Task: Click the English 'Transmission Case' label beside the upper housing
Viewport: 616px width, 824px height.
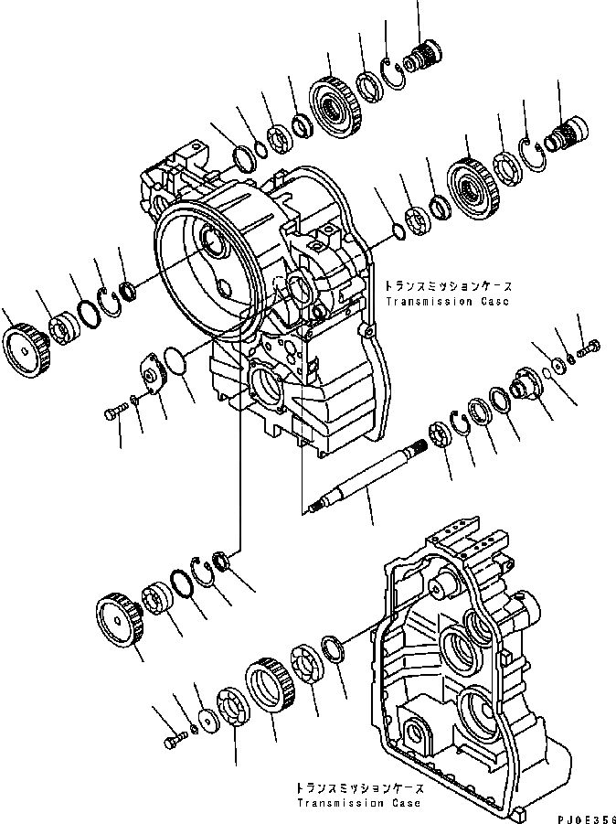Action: pyautogui.click(x=446, y=301)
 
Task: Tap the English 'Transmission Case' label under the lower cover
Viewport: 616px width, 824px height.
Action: pyautogui.click(x=358, y=803)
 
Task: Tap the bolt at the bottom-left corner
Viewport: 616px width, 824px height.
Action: pyautogui.click(x=174, y=741)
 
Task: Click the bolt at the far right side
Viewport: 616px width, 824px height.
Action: pyautogui.click(x=589, y=345)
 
